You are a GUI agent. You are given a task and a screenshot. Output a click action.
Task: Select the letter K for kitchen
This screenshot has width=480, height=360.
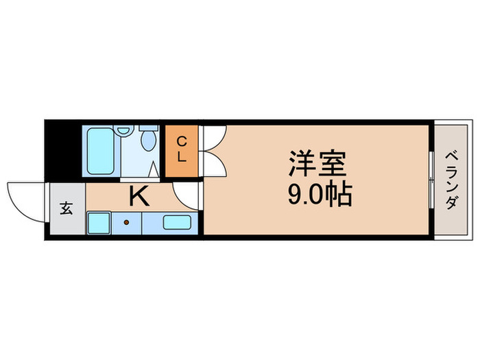pos(139,197)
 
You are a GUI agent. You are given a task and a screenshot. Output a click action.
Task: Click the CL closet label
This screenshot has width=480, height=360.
pos(182,149)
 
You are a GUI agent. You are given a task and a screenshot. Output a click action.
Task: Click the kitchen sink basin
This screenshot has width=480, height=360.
pos(177,223)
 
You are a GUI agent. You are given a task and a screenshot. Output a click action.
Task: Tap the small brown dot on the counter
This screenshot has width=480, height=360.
pos(125,222)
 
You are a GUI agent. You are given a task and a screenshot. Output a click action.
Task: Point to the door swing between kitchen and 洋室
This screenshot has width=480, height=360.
pos(185,195)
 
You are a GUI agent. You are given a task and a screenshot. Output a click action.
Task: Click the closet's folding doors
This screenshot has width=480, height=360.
pos(213,151)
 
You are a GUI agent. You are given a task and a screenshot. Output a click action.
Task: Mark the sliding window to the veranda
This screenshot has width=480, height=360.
pos(431,180)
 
